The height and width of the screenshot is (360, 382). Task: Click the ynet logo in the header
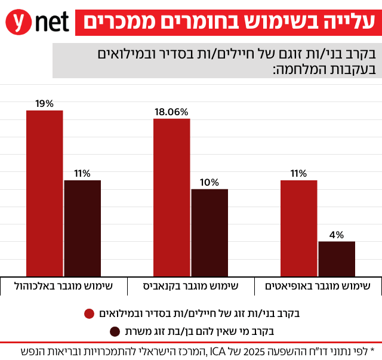(37, 21)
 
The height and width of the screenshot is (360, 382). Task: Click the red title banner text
(229, 21)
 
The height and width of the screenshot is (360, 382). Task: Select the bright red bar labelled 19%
(44, 193)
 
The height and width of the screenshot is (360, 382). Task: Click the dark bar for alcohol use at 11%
(82, 227)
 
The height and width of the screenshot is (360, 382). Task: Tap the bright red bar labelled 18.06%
(172, 197)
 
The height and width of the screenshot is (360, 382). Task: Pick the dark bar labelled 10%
(210, 232)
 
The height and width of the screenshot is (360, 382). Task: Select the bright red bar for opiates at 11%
(298, 227)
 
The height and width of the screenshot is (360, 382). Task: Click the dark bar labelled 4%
(337, 258)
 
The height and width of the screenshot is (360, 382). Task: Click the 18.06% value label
(171, 112)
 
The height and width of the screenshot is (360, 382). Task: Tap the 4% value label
(337, 235)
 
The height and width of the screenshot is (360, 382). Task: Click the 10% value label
(210, 182)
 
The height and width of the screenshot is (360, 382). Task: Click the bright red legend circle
(90, 313)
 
